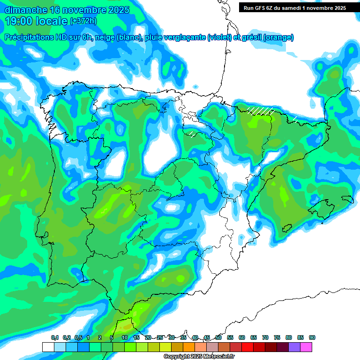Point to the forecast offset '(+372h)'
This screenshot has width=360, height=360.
coord(83,21)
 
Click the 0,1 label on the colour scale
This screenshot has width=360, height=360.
coord(55,337)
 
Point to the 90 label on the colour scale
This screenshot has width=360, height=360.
coord(312,337)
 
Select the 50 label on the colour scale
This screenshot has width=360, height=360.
coord(218,337)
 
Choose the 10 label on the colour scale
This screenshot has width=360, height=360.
coord(125,337)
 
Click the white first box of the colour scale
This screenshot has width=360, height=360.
coord(48,347)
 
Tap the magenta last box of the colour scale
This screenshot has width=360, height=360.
coord(306,347)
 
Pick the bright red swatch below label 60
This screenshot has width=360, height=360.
coord(247,347)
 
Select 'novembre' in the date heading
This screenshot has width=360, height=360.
coord(79,10)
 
